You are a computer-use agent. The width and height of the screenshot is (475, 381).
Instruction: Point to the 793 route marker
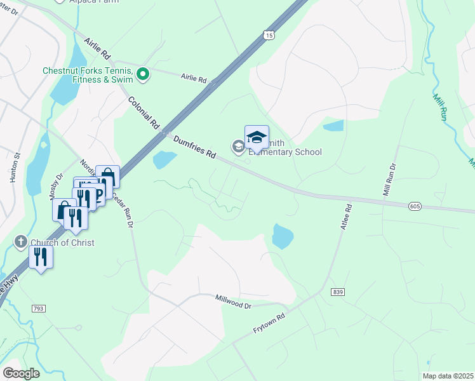point(39,308)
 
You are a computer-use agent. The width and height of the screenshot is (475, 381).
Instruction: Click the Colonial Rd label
point(143,113)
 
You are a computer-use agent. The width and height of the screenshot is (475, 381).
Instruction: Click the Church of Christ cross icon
point(20,242)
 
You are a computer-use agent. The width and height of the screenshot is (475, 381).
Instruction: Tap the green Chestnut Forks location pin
point(143,75)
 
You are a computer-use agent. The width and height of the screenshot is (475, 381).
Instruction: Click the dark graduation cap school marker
point(257,137)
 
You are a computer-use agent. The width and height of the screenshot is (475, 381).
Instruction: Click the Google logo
point(21,373)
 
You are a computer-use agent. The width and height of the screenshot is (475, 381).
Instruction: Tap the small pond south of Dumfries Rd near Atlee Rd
point(283,236)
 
